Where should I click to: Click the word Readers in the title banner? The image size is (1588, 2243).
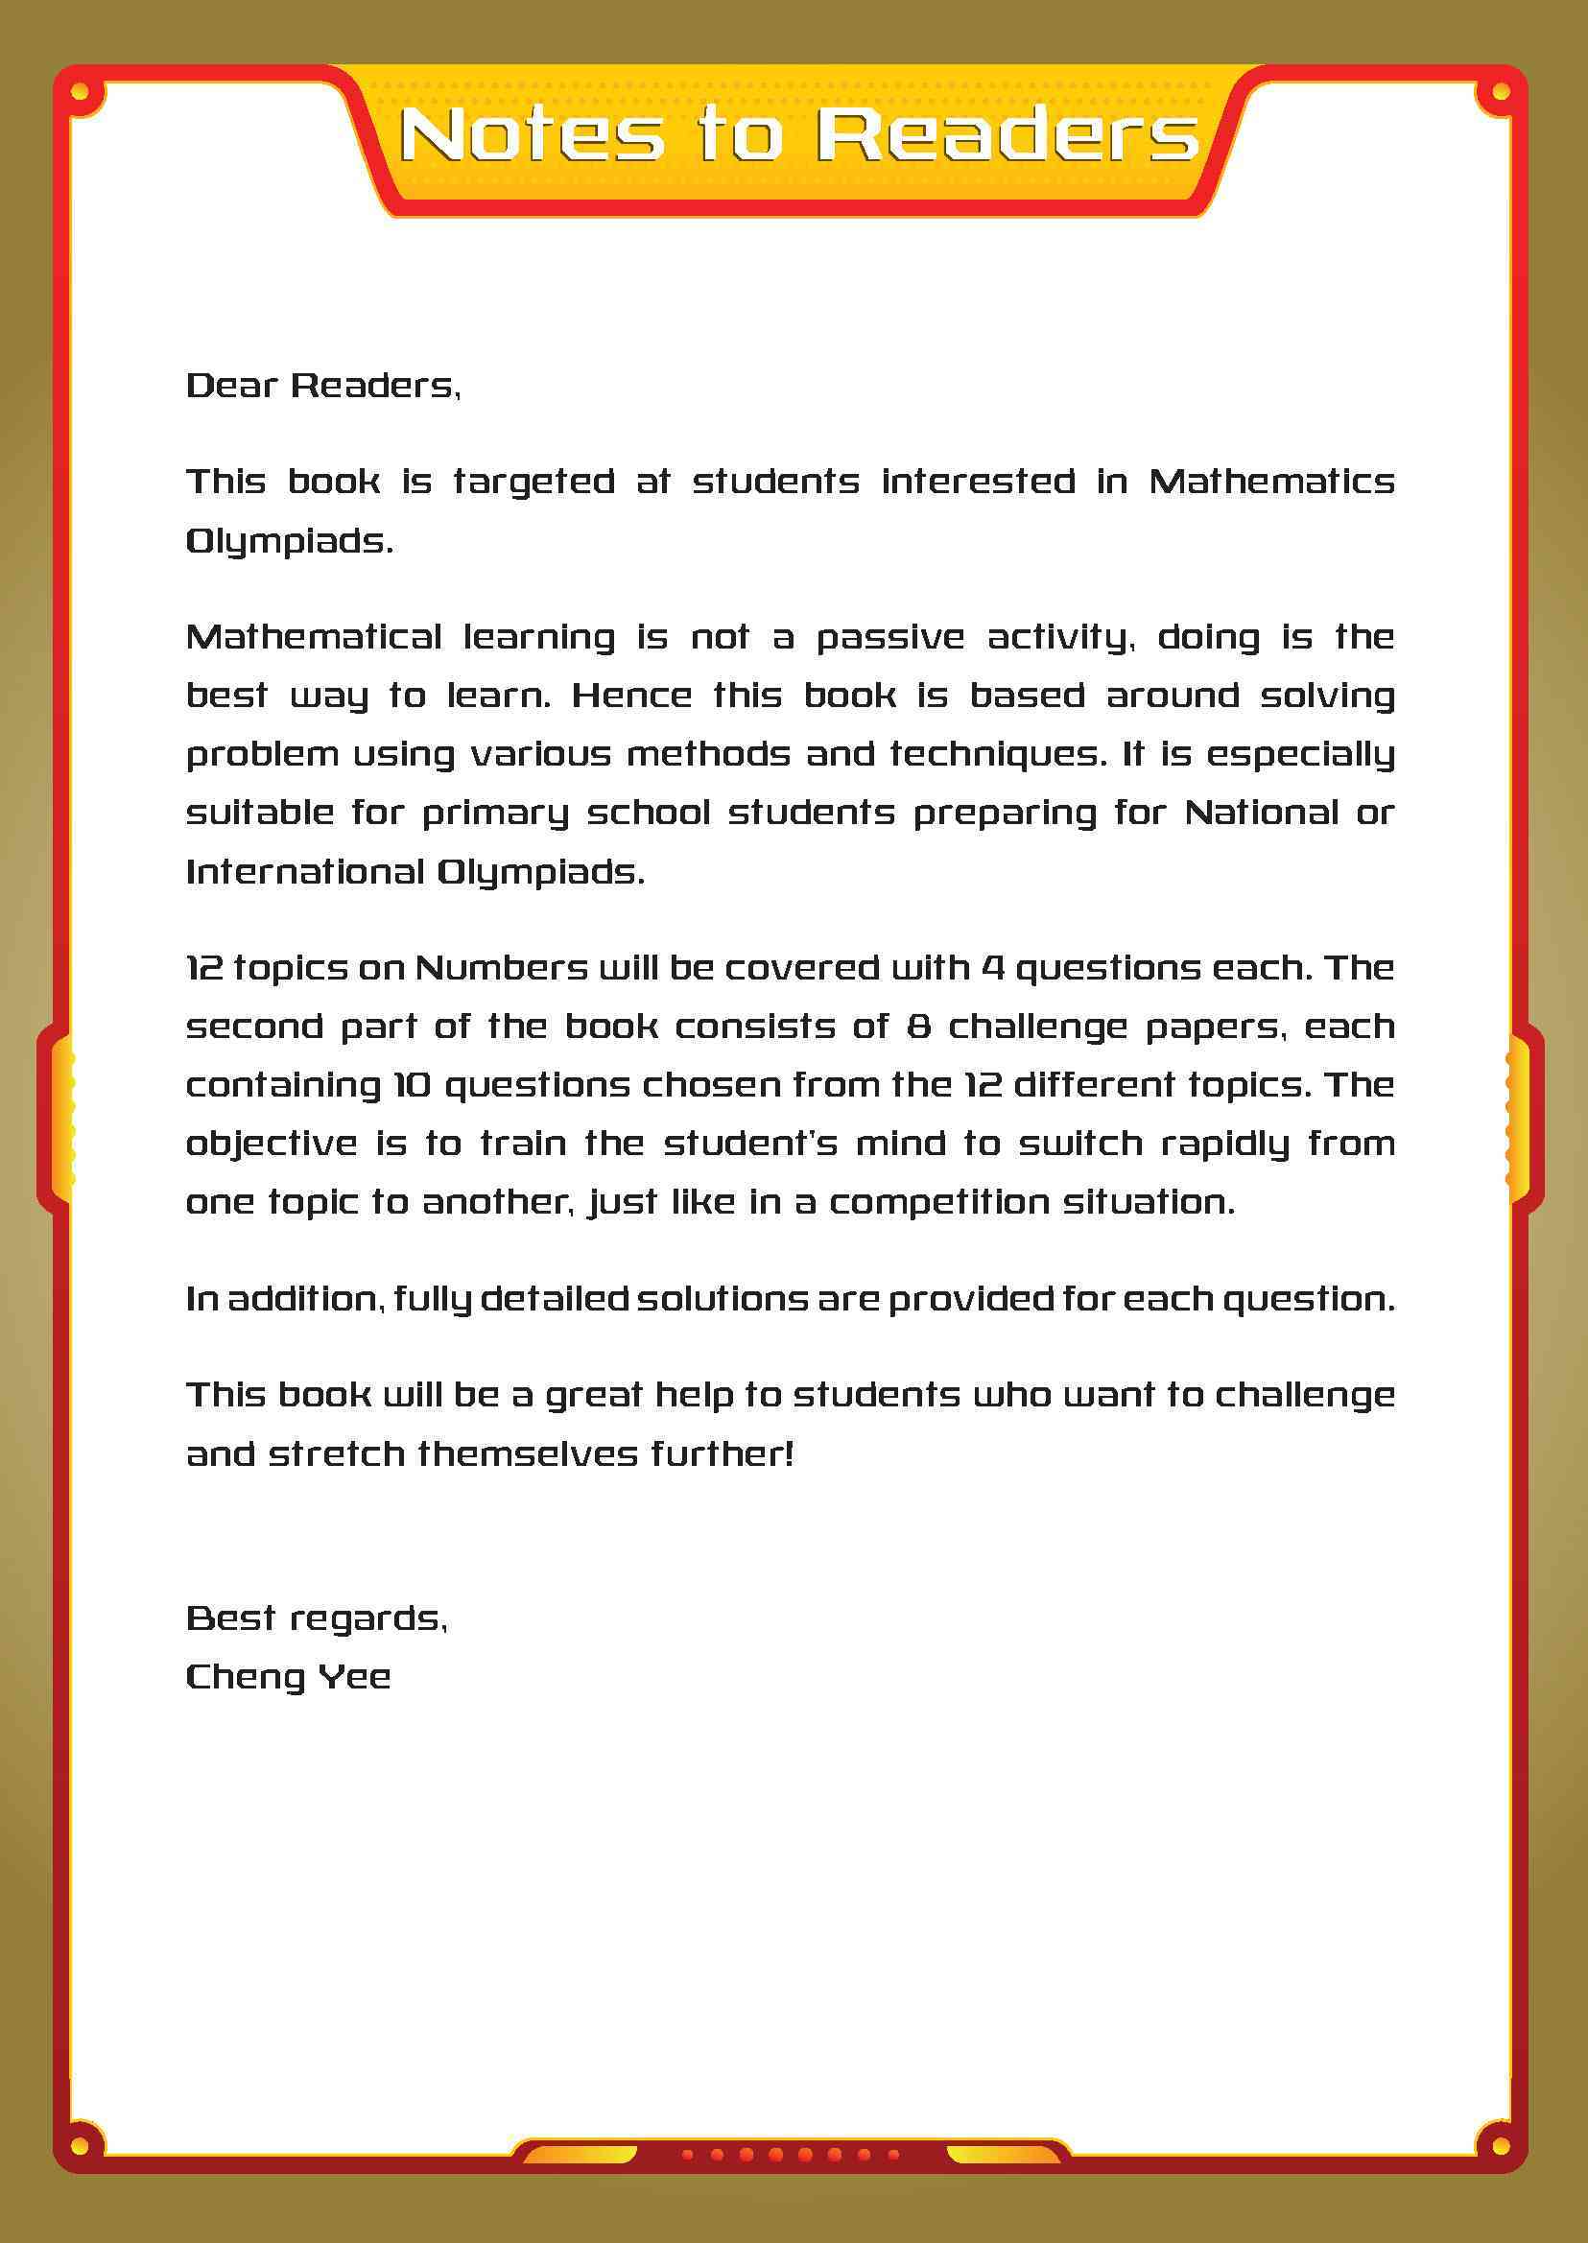[1007, 134]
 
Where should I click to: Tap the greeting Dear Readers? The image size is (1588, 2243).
[322, 386]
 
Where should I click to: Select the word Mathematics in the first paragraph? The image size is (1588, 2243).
[1271, 481]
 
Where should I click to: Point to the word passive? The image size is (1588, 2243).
[889, 638]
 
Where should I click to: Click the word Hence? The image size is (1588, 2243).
[631, 696]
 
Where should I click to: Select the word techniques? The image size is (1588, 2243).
[992, 754]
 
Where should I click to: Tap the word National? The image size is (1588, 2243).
[1262, 813]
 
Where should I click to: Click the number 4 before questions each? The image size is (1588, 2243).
[992, 968]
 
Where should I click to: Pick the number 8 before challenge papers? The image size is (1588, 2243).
[918, 1027]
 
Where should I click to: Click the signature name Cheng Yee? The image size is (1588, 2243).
[289, 1677]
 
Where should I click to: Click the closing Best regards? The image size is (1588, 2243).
[317, 1618]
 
